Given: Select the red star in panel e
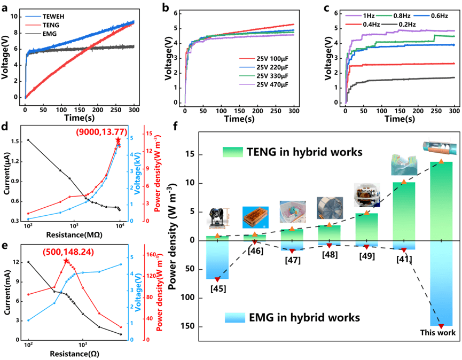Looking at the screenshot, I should pos(66,261).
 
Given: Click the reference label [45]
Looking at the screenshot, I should pos(217,288).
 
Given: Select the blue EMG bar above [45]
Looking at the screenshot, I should pos(217,259).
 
